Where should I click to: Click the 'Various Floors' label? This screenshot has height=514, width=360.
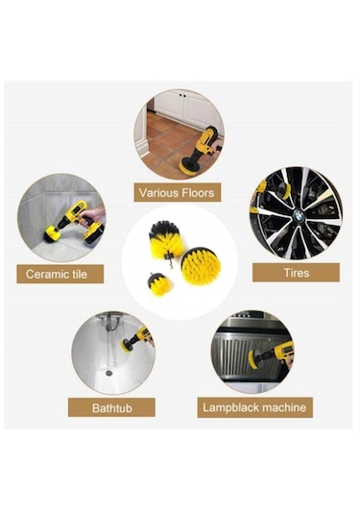pos(178,192)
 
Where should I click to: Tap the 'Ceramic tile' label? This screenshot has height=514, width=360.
pos(60,274)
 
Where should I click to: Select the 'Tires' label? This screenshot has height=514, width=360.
pos(296,273)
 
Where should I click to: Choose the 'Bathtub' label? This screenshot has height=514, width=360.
pos(111,407)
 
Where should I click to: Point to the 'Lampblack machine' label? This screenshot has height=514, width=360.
pos(254,407)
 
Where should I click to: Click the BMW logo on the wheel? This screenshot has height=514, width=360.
pos(299,216)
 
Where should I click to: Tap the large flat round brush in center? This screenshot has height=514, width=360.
pos(198,265)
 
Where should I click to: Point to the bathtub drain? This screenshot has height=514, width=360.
pos(109,373)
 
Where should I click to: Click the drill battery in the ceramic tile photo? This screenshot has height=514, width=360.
pos(94,233)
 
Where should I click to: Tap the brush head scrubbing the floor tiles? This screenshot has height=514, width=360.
pos(189,165)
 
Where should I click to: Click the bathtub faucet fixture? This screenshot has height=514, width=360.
pos(112,322)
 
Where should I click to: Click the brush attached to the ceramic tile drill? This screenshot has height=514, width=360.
pos(52,234)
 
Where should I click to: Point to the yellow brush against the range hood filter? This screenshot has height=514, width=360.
pos(252,359)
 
